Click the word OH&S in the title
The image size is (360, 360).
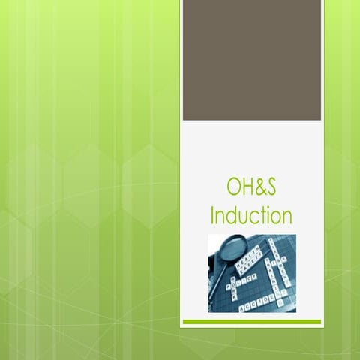coord(251,187)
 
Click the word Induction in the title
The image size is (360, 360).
coord(251,215)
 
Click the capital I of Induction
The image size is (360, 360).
coord(213,215)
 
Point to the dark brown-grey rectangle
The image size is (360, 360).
coord(252,60)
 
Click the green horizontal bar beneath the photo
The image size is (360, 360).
coord(252,322)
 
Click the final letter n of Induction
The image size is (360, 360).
coord(286,217)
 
